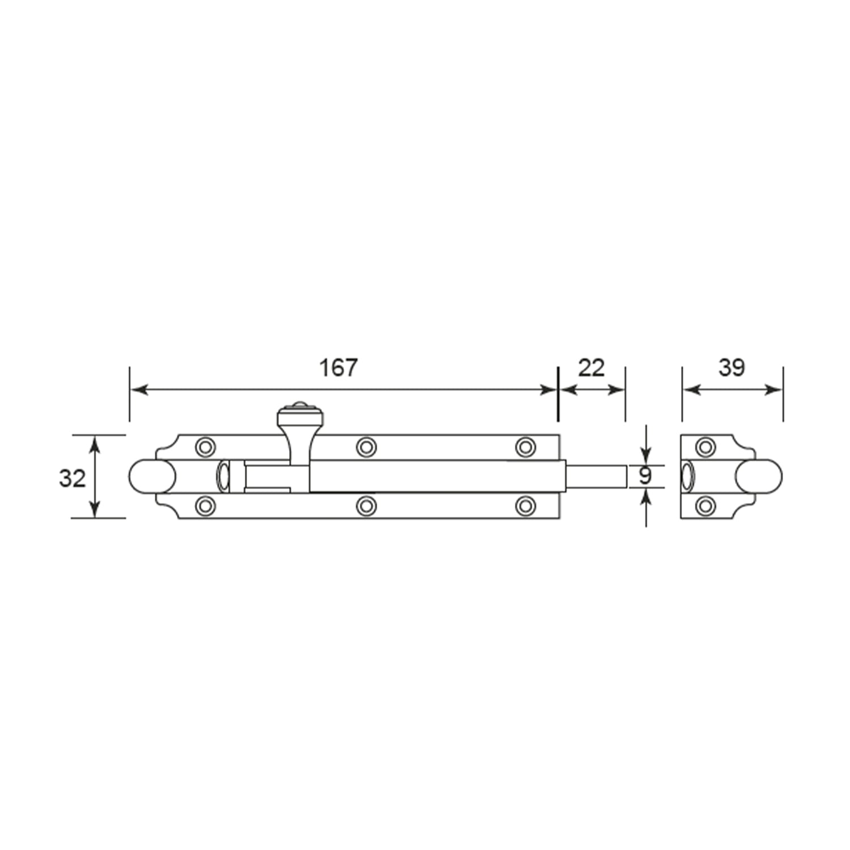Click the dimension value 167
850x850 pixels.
pos(338,368)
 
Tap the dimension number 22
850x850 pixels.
pos(591,368)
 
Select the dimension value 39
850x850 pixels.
pos(732,368)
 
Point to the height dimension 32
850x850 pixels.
pos(73,479)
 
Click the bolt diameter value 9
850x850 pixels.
pos(645,477)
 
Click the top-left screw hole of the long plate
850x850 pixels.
pos(205,447)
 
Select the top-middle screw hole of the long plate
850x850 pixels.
pos(366,447)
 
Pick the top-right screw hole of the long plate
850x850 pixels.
pos(526,447)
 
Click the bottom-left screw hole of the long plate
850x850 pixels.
pos(205,506)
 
